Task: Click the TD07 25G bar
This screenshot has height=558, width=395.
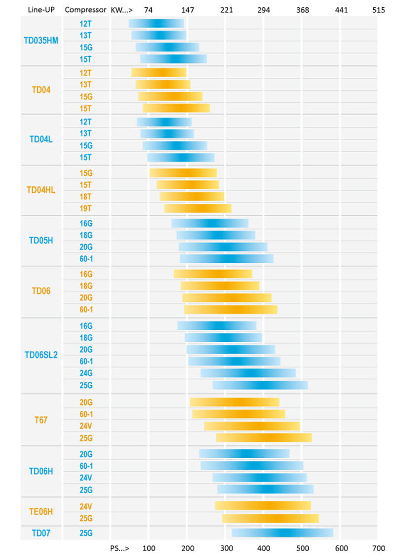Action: point(282,533)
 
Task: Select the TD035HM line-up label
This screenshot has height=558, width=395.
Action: point(41,41)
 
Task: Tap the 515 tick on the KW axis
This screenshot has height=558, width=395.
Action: point(378,9)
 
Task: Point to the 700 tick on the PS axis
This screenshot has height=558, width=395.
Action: point(378,548)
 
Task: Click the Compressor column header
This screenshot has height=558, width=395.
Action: point(85,9)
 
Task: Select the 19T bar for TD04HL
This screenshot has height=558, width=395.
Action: point(197,208)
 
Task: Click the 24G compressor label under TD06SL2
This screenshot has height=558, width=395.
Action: point(86,373)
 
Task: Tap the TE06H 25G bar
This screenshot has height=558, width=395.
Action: point(271,518)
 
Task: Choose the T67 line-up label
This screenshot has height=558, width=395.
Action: point(41,420)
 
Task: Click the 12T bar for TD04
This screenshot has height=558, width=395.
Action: point(159,73)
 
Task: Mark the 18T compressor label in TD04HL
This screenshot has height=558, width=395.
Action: point(86,197)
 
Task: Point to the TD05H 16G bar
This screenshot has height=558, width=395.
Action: point(210,223)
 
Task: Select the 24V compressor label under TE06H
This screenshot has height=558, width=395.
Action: point(86,506)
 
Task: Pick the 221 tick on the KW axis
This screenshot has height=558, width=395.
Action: point(226,9)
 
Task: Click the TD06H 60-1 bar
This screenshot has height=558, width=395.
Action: point(252,466)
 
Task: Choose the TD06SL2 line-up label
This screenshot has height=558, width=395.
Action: point(41,355)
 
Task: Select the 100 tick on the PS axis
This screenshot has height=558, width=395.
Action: point(149,548)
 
